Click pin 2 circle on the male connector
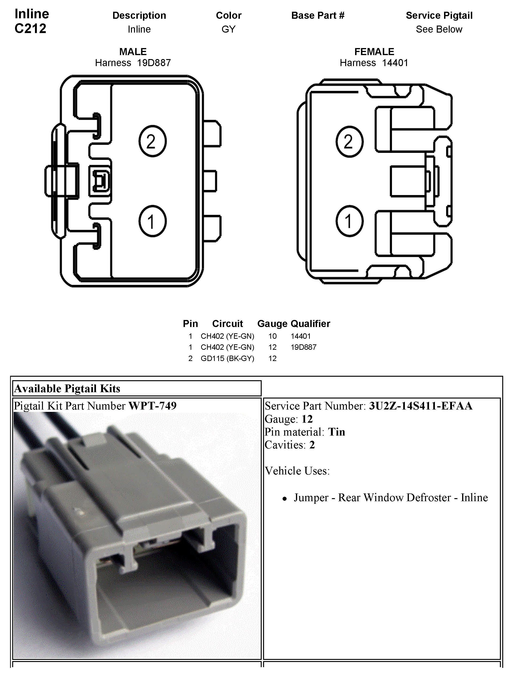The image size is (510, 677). point(152,141)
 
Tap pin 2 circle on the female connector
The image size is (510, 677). point(349,142)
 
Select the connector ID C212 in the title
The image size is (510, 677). point(30,28)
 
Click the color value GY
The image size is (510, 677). point(228,29)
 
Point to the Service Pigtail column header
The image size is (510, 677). point(439,15)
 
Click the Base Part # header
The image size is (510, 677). point(318,15)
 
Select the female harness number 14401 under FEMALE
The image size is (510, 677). point(395,63)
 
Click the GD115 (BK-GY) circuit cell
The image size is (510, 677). point(227,358)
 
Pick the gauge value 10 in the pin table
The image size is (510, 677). point(272,336)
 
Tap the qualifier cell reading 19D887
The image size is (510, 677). point(303,347)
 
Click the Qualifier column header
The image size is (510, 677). point(310,323)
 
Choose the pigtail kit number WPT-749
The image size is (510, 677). point(152,406)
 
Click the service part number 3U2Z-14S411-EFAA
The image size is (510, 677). point(421,406)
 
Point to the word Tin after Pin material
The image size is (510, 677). point(336,432)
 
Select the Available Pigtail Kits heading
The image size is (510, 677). point(67,388)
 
